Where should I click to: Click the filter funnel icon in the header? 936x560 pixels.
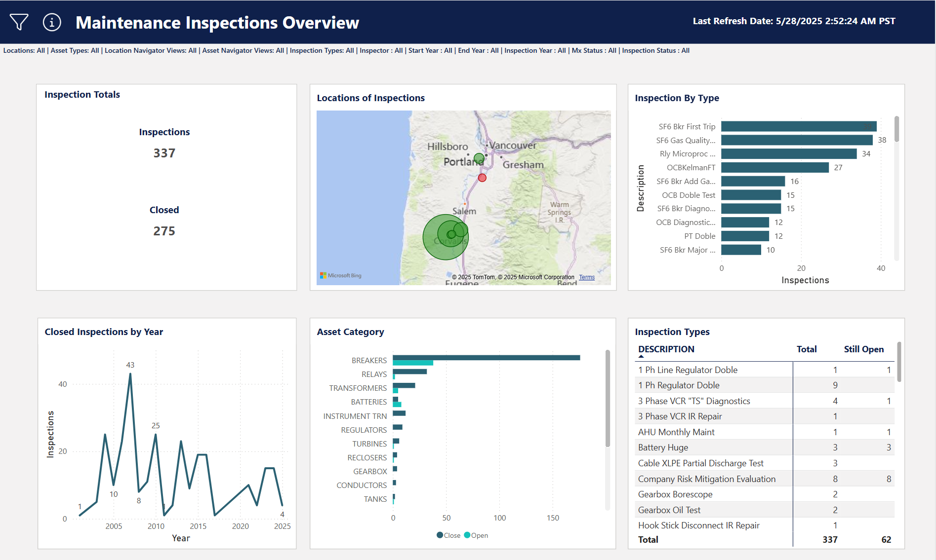[x=19, y=22]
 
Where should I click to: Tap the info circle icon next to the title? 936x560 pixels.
[x=52, y=22]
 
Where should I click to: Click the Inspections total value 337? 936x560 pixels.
[x=164, y=153]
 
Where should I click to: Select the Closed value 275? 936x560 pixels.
[x=164, y=231]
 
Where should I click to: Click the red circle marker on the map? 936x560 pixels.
[x=482, y=178]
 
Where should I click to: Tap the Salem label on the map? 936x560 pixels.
[x=464, y=211]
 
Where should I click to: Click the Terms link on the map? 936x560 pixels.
[x=587, y=277]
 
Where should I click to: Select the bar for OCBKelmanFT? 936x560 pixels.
[x=774, y=168]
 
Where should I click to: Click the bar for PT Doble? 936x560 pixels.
[x=745, y=236]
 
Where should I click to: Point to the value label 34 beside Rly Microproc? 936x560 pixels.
[x=866, y=154]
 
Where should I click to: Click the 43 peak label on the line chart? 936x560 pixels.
[x=130, y=365]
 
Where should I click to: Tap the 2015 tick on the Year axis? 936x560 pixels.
[x=198, y=526]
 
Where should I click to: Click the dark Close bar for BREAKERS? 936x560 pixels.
[x=486, y=357]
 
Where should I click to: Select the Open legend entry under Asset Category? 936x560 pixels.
[x=476, y=535]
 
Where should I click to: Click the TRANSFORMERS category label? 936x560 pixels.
[x=358, y=388]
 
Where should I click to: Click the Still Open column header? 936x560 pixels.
[x=863, y=349]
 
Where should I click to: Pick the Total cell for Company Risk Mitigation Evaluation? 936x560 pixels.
[x=835, y=479]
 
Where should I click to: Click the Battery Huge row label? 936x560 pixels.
[x=663, y=448]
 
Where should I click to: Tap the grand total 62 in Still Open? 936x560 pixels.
[x=886, y=540]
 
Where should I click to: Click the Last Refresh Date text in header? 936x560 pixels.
[x=794, y=21]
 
